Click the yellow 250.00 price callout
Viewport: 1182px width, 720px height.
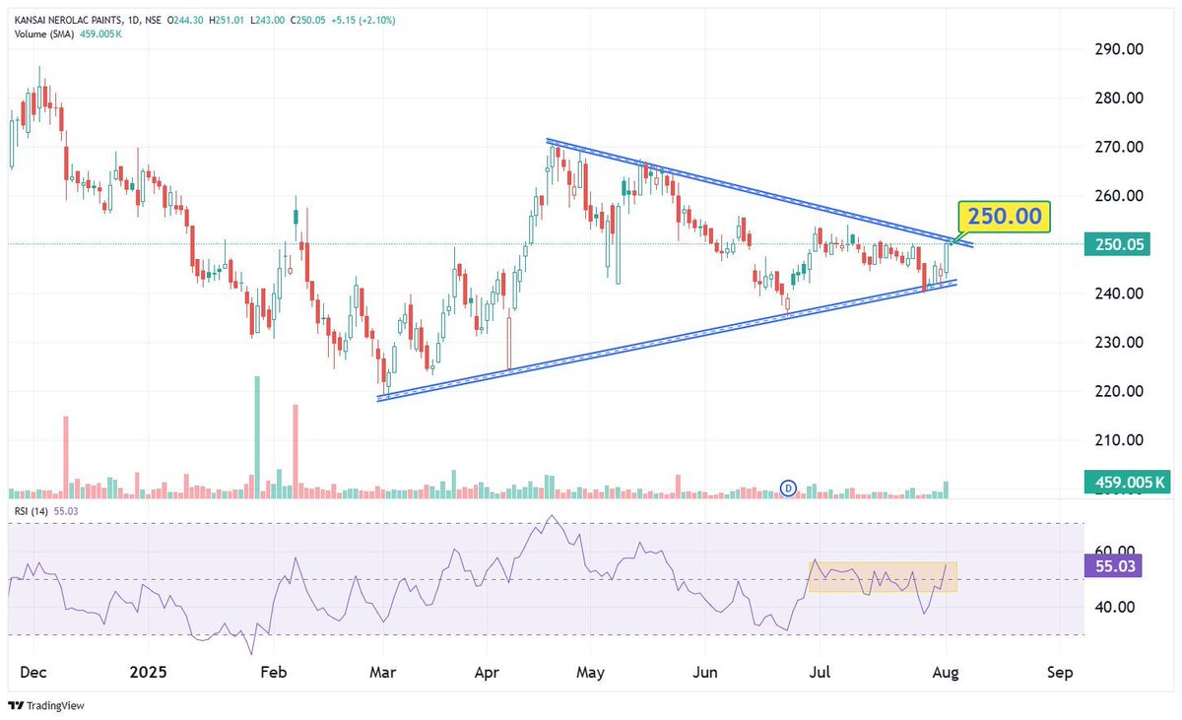[x=1005, y=217]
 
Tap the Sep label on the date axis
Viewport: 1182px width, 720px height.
[x=1060, y=674]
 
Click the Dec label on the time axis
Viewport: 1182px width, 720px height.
[x=33, y=674]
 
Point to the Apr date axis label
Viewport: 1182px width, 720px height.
[x=486, y=674]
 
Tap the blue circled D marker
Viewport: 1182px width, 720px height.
[x=788, y=487]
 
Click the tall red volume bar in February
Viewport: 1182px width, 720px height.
[x=295, y=448]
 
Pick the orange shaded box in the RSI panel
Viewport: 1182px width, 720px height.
[x=882, y=577]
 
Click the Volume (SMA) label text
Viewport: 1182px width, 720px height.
[x=46, y=34]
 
